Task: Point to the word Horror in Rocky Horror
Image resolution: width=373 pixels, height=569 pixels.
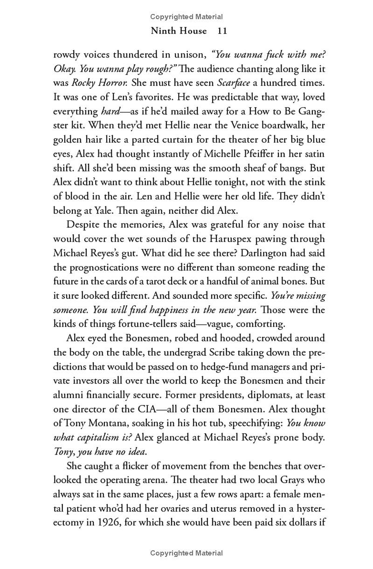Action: click(111, 83)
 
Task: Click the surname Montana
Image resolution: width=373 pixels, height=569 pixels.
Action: click(107, 423)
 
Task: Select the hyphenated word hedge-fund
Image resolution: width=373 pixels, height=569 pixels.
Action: click(219, 366)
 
